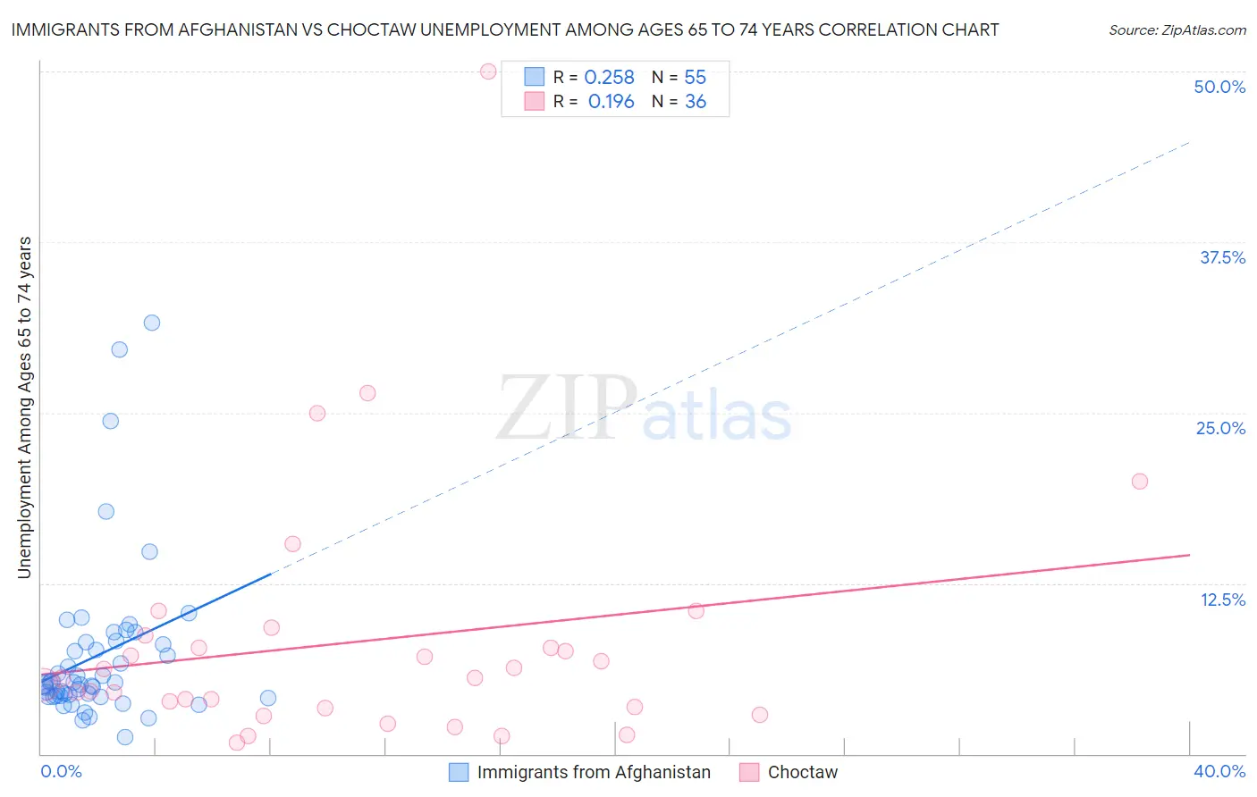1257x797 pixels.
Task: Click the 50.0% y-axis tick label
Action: pyautogui.click(x=1219, y=87)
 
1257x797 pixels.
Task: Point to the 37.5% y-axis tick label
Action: pyautogui.click(x=1222, y=257)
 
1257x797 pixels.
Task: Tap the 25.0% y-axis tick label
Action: pyautogui.click(x=1220, y=428)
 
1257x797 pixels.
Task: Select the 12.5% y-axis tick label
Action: pyautogui.click(x=1222, y=600)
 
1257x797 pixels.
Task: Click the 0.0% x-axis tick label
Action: pyautogui.click(x=61, y=771)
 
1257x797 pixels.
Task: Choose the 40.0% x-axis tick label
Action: pyautogui.click(x=1219, y=771)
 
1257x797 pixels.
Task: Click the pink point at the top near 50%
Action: pyautogui.click(x=488, y=71)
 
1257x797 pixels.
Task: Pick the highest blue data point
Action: pyautogui.click(x=152, y=323)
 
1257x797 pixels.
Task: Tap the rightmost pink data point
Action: pyautogui.click(x=1140, y=482)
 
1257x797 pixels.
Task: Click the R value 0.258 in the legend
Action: pyautogui.click(x=609, y=78)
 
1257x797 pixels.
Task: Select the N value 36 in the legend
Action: pyautogui.click(x=696, y=102)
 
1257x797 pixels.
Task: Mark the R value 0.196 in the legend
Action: pyautogui.click(x=611, y=102)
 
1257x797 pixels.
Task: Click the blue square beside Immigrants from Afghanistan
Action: pyautogui.click(x=459, y=772)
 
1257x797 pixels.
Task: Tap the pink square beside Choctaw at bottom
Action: pyautogui.click(x=749, y=772)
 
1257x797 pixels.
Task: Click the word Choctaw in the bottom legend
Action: pyautogui.click(x=803, y=772)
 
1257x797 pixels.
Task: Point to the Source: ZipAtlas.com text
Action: pyautogui.click(x=1177, y=29)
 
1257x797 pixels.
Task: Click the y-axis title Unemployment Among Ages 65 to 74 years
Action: pyautogui.click(x=24, y=407)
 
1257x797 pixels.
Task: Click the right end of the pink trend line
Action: pyautogui.click(x=1189, y=555)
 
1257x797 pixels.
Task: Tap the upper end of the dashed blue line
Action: pyautogui.click(x=1189, y=142)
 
